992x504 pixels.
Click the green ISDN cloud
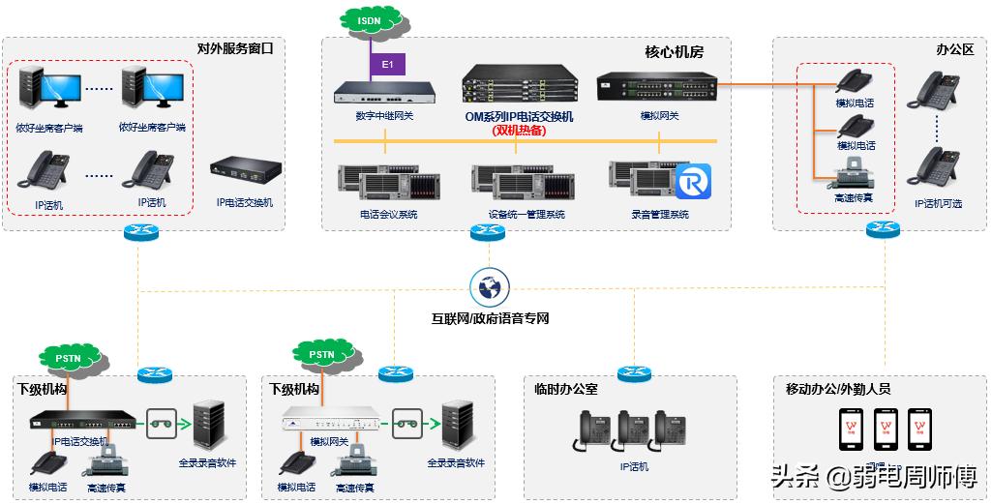[x=369, y=19]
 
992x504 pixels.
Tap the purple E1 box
[x=387, y=64]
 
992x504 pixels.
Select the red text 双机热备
[x=518, y=130]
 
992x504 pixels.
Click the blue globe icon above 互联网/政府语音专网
[x=489, y=287]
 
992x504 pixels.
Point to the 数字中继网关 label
[x=384, y=116]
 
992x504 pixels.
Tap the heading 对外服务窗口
[x=235, y=47]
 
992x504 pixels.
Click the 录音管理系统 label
[x=659, y=215]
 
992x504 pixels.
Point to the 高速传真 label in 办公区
[x=854, y=197]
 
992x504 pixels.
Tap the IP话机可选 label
[x=938, y=204]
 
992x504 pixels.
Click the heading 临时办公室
[x=566, y=390]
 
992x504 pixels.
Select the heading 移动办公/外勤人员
[x=837, y=390]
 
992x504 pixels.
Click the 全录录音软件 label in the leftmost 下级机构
[x=207, y=462]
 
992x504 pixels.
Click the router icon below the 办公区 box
[x=884, y=230]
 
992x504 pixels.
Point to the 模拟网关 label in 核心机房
[x=659, y=116]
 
